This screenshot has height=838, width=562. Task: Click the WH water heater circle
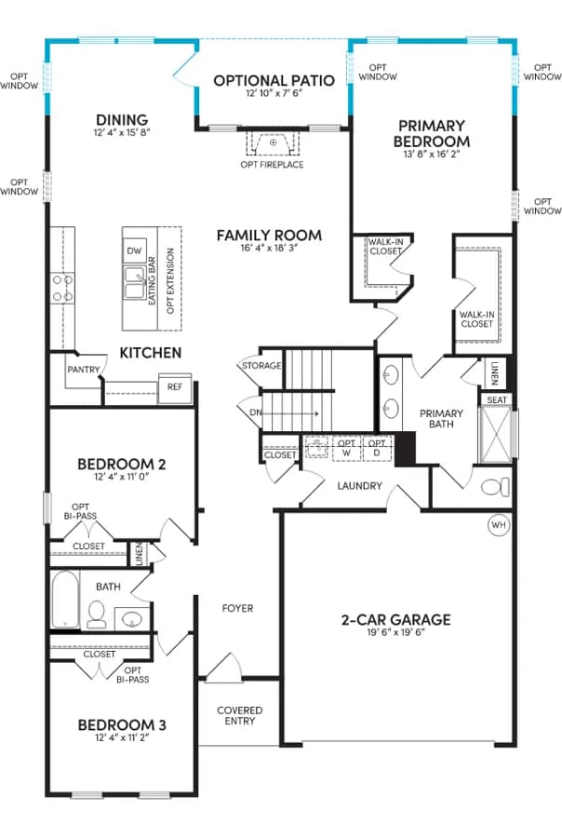click(x=499, y=525)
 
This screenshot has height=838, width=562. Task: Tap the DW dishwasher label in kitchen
click(x=134, y=250)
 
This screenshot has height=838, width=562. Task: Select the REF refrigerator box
click(x=175, y=387)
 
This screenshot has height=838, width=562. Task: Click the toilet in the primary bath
click(x=495, y=487)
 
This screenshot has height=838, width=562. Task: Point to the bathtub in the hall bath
click(x=65, y=600)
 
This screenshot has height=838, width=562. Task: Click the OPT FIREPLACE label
click(x=272, y=165)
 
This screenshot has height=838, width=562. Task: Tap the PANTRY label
click(x=84, y=370)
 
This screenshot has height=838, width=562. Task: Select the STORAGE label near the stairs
click(x=261, y=366)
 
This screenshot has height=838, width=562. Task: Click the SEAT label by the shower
click(x=497, y=399)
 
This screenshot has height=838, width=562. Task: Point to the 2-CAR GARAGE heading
click(x=395, y=619)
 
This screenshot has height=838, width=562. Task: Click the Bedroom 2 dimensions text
click(x=122, y=477)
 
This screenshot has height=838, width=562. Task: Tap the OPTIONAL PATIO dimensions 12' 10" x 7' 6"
click(x=274, y=93)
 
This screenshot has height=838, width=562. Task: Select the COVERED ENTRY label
click(x=240, y=716)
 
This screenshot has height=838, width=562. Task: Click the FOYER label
click(x=237, y=608)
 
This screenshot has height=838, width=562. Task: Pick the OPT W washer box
click(x=346, y=449)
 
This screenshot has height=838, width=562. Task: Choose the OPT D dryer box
click(x=377, y=449)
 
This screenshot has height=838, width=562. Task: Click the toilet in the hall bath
click(x=97, y=615)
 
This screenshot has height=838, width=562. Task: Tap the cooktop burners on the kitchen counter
click(x=62, y=288)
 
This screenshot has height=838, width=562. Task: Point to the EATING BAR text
click(x=152, y=281)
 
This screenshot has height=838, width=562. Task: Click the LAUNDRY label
click(x=359, y=486)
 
